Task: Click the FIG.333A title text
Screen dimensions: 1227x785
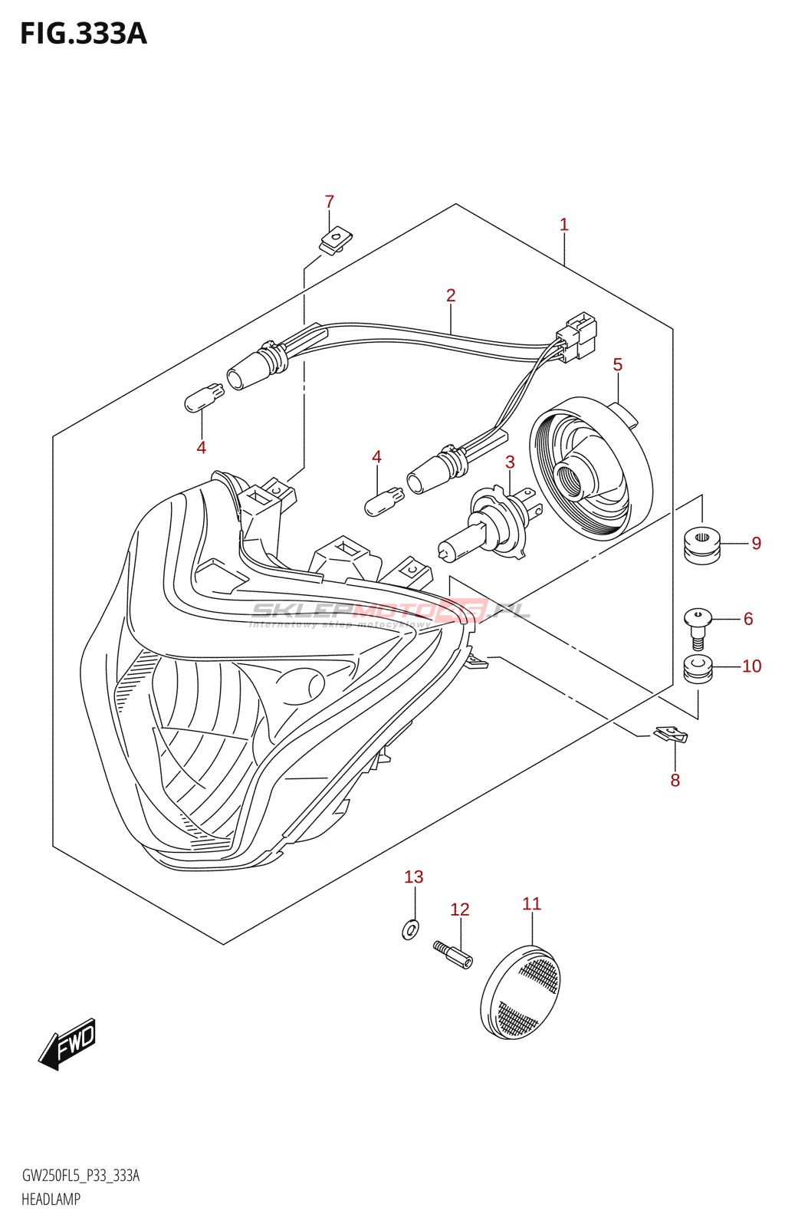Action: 83,34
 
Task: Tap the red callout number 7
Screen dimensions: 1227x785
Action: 330,202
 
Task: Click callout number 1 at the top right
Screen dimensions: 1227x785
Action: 564,225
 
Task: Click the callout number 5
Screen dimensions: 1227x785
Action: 618,365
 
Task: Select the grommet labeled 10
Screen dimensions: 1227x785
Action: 698,669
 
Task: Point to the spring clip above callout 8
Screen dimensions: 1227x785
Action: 672,735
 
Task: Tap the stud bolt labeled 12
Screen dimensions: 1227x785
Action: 453,955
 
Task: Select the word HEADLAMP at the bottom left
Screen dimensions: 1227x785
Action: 51,1199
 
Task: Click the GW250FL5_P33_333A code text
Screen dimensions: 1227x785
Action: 80,1176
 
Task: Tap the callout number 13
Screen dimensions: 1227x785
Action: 414,877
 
